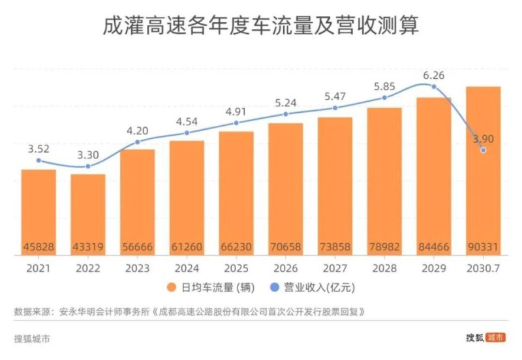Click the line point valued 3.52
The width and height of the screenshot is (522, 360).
[x=38, y=160]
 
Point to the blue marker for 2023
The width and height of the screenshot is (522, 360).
[x=137, y=142]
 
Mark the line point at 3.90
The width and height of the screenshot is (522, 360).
[x=483, y=150]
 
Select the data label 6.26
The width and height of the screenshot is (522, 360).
[x=433, y=75]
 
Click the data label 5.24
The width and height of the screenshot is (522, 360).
[x=285, y=102]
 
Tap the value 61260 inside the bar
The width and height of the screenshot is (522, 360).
[x=187, y=248]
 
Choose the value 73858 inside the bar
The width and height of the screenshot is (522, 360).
[x=335, y=248]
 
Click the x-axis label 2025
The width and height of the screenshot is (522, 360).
[x=236, y=267]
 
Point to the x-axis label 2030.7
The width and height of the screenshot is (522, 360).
[x=483, y=267]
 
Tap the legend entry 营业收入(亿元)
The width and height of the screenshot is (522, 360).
[x=320, y=287]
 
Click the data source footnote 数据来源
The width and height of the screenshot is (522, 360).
[x=189, y=312]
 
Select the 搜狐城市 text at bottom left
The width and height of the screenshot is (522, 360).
[x=31, y=338]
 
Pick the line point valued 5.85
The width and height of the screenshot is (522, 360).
[x=384, y=98]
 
